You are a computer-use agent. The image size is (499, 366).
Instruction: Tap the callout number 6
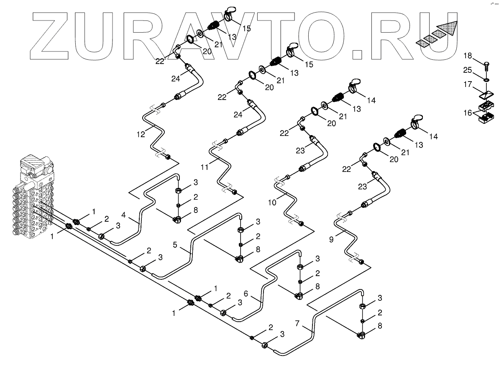coord(247,294)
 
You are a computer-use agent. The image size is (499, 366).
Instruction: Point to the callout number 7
coord(297,323)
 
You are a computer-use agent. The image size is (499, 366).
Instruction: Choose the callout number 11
coord(204,167)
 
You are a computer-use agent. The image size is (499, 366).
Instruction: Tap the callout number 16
coord(468,113)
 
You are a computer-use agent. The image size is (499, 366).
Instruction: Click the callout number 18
coord(468,56)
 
